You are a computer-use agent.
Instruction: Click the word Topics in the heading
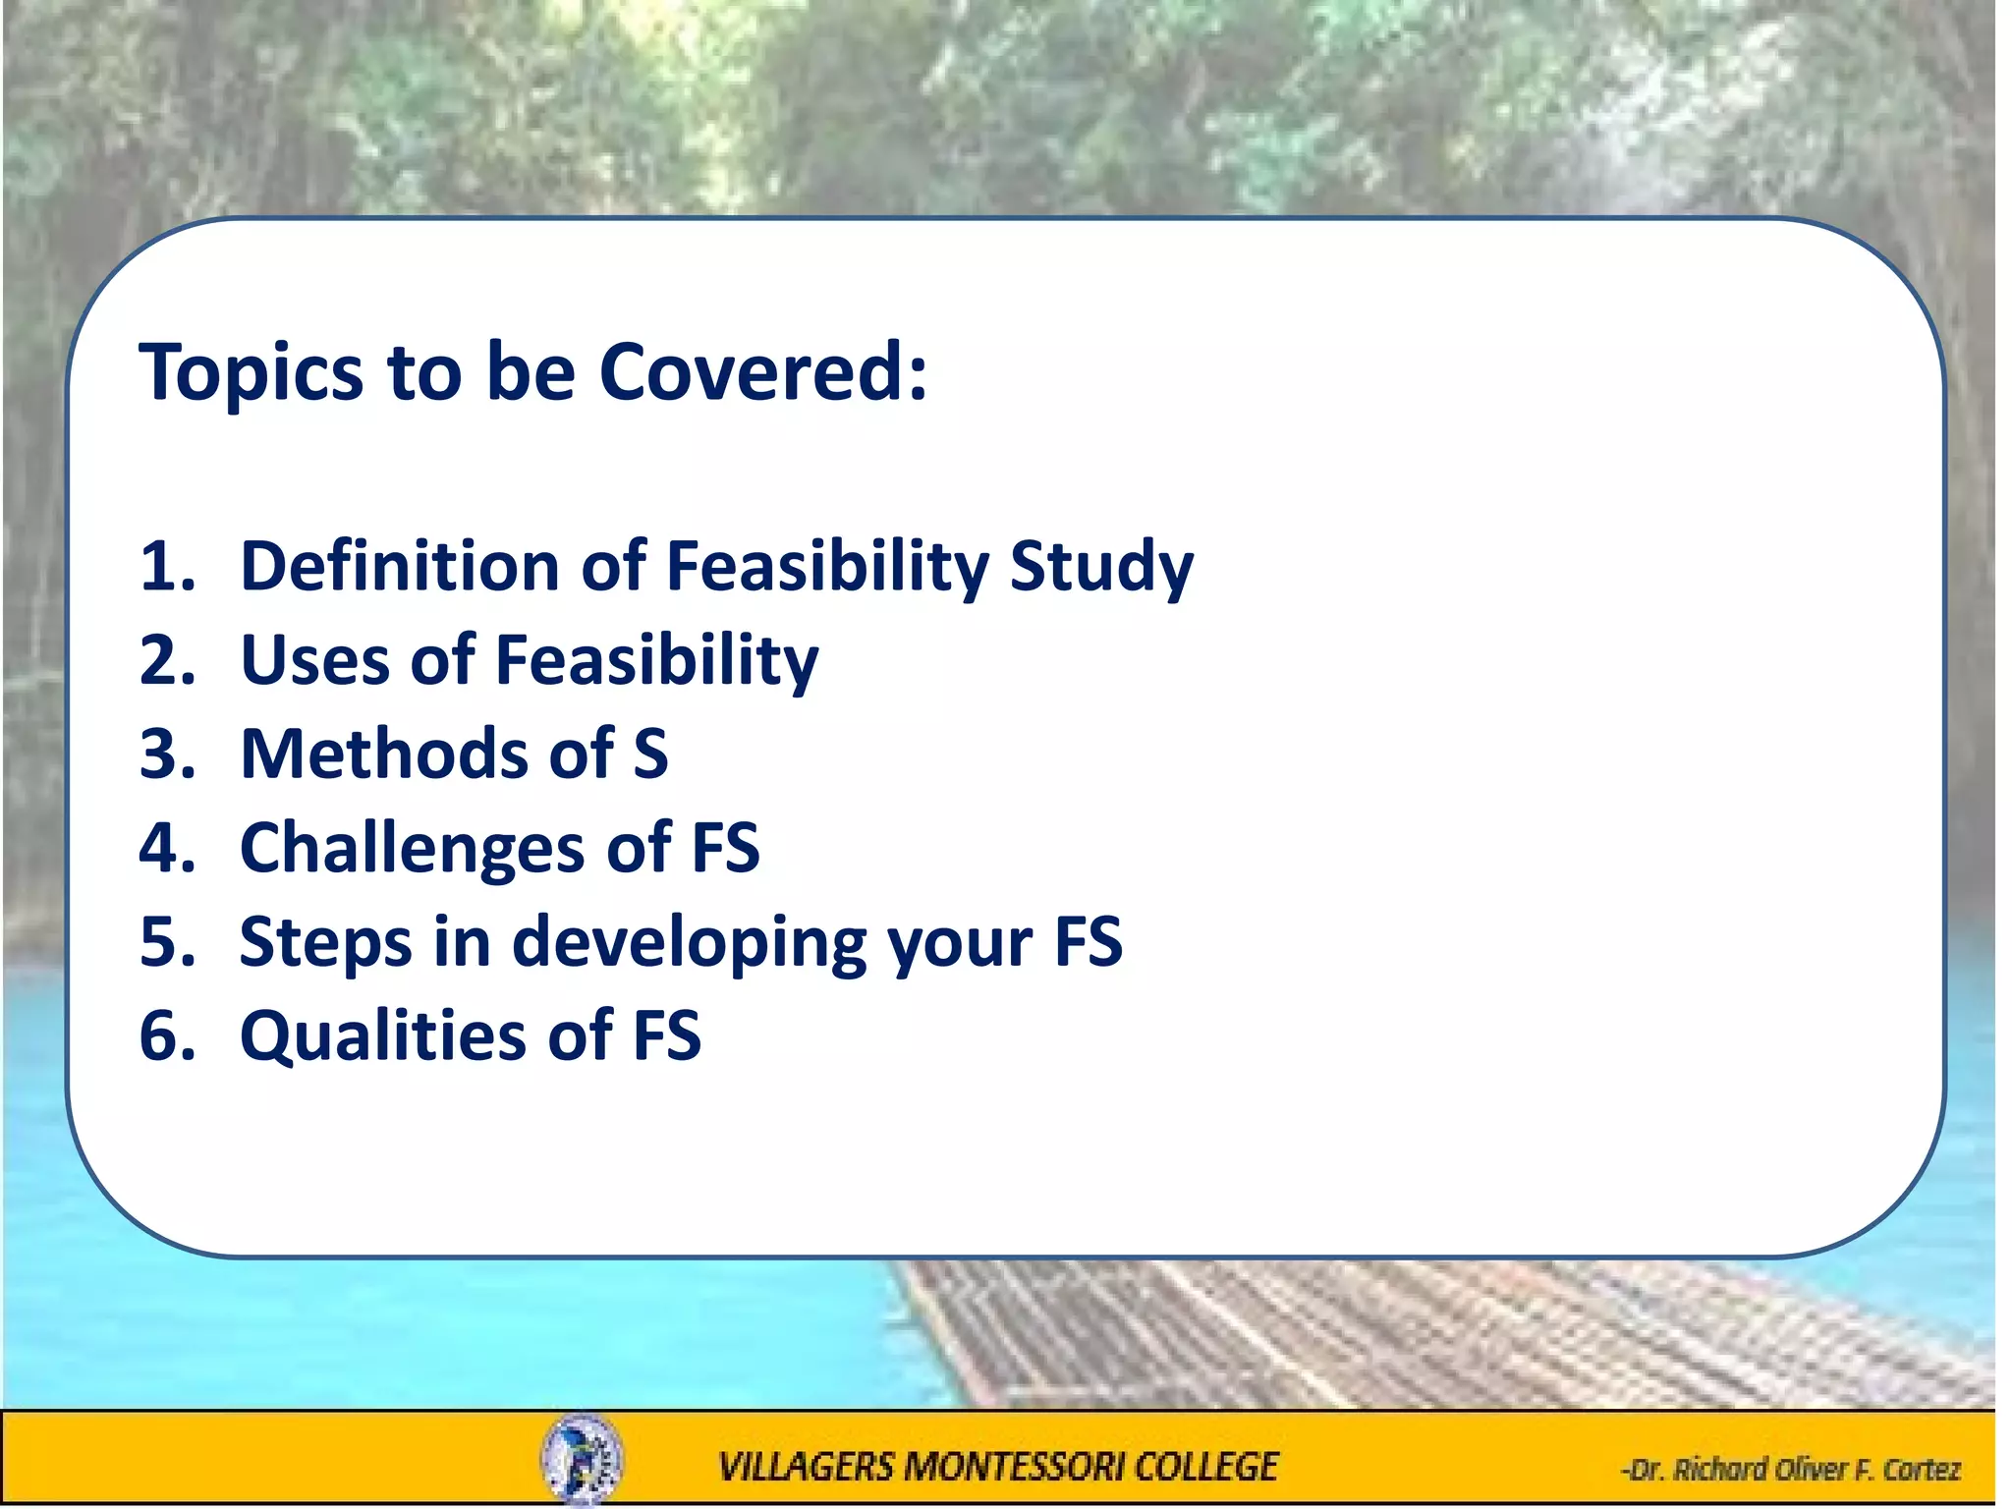[x=251, y=373]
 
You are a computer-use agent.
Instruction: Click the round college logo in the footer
[x=582, y=1458]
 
